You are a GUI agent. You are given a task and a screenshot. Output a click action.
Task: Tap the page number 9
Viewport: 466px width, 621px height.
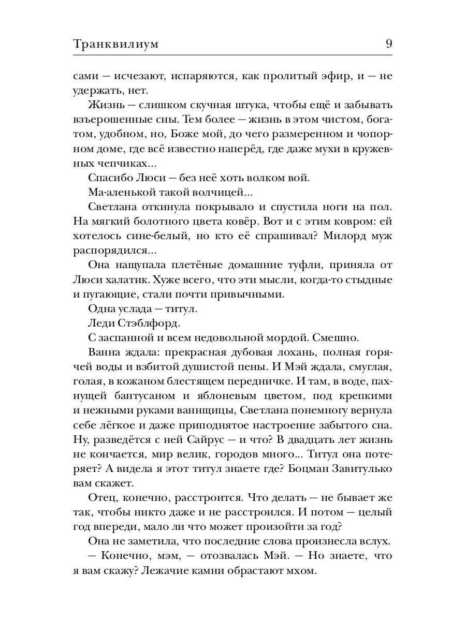[x=388, y=44]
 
